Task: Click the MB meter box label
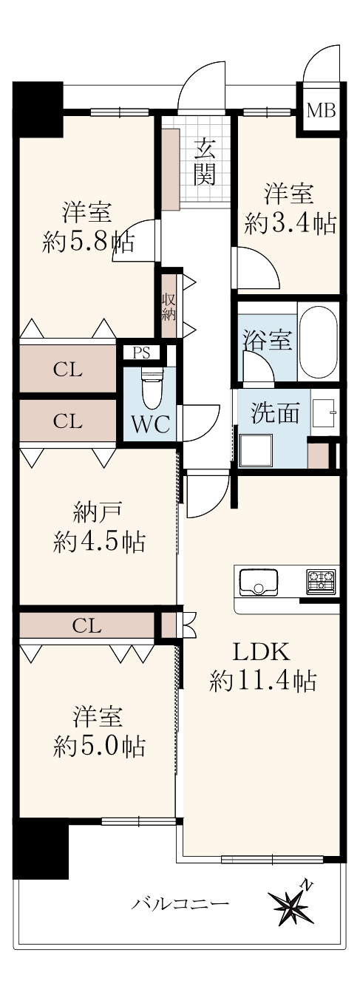(x=321, y=110)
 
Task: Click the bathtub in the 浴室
(x=317, y=341)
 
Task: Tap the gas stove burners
(x=321, y=580)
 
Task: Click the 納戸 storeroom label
(x=97, y=515)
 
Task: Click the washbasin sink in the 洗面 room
(x=324, y=412)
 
